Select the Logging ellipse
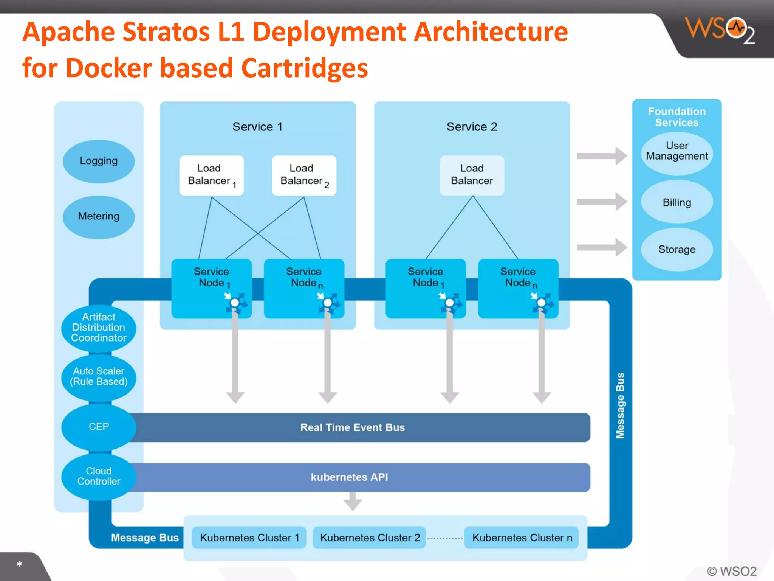(99, 162)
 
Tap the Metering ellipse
(99, 217)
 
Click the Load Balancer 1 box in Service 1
(211, 175)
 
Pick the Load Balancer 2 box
(304, 175)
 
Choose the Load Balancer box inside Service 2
(472, 175)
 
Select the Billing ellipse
(676, 202)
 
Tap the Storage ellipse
(676, 249)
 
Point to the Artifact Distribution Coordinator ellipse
(99, 328)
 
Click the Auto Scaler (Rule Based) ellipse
(99, 377)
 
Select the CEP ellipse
(99, 427)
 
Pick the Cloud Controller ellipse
(99, 476)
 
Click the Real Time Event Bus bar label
(352, 427)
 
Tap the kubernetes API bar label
(349, 477)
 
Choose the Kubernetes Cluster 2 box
(370, 538)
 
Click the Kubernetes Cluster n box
(522, 538)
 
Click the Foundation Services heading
(676, 117)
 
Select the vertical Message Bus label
(620, 406)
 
